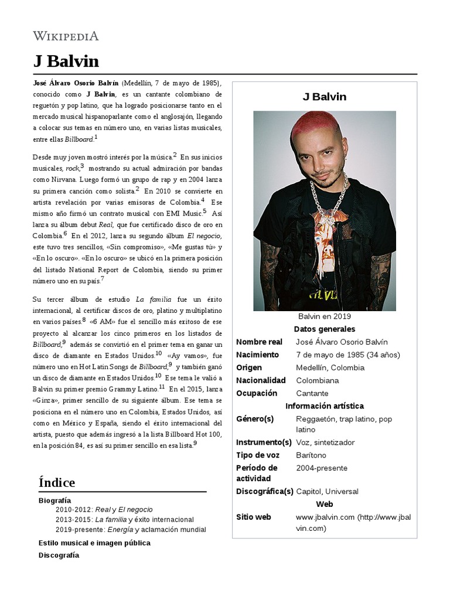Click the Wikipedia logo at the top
(65, 36)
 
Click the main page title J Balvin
(66, 62)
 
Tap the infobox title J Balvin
(324, 97)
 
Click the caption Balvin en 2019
(324, 316)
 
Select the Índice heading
(57, 482)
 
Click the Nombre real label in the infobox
(259, 342)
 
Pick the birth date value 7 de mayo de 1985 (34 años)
(347, 355)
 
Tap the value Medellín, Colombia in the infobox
(330, 368)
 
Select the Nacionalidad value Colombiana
(317, 381)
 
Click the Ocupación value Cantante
(312, 394)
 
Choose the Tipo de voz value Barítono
(311, 455)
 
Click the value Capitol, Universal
(327, 492)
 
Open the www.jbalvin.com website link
(325, 517)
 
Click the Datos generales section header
(324, 329)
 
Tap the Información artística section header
(324, 406)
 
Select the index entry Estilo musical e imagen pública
(94, 543)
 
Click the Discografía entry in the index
(59, 555)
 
